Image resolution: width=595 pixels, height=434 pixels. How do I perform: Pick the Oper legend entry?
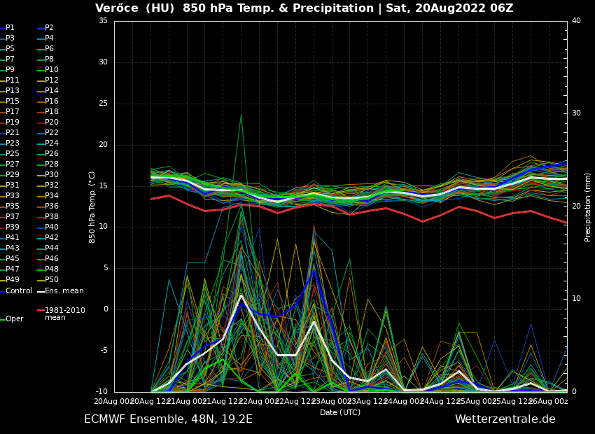pos(14,319)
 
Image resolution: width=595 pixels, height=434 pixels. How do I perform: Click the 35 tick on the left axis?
pos(103,21)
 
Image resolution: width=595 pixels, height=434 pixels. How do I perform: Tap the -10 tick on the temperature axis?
pos(101,392)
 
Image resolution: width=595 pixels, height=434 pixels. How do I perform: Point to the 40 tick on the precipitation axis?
pos(576,21)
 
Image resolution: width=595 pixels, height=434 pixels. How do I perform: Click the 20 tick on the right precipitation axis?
pos(576,206)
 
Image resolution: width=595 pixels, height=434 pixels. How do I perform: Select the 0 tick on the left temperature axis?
pos(105,309)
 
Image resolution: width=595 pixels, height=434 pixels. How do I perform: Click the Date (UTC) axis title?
pos(340,413)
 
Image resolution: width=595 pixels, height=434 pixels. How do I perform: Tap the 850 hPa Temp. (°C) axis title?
pos(92,207)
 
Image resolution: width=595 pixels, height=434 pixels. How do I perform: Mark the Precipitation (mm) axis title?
pos(588,207)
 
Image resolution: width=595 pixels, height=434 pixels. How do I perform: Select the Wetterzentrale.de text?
pos(505,419)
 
